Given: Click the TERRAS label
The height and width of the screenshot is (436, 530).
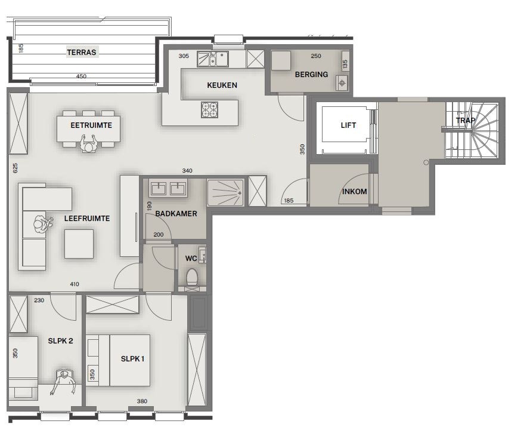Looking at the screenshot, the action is point(82,52).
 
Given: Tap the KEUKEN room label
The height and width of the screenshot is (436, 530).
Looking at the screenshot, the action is point(222,85).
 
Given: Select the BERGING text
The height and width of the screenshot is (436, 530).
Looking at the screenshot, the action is point(311,75).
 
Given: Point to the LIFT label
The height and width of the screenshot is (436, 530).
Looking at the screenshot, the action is point(348,125).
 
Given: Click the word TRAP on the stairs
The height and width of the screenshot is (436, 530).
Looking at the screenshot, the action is point(466,120).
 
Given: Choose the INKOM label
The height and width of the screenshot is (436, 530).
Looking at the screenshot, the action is point(354,192).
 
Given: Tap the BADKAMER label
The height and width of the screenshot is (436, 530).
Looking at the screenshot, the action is point(176,214).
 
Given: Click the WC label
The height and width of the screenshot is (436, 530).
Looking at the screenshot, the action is point(191,258).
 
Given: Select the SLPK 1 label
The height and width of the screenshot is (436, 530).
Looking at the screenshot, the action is point(132,359).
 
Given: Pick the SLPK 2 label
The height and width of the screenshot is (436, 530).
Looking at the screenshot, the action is point(60,341).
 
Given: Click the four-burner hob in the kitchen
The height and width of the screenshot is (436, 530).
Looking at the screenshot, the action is point(210,110).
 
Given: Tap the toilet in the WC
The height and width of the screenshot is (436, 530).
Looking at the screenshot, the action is point(192,277).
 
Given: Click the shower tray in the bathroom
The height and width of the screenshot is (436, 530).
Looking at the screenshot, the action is point(225,192).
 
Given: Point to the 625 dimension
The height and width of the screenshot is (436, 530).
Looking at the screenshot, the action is point(16,168).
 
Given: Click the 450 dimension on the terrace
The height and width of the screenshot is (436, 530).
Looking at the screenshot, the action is point(81,76).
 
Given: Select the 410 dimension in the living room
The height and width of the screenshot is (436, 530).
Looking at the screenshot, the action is point(75,284).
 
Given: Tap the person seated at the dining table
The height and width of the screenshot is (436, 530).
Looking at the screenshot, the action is point(89,143).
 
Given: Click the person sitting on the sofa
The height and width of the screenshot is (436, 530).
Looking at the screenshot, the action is point(42,223).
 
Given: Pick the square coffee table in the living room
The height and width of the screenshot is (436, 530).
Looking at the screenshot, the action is point(79,244).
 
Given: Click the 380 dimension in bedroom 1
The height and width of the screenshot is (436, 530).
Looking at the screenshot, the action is point(142,401).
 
